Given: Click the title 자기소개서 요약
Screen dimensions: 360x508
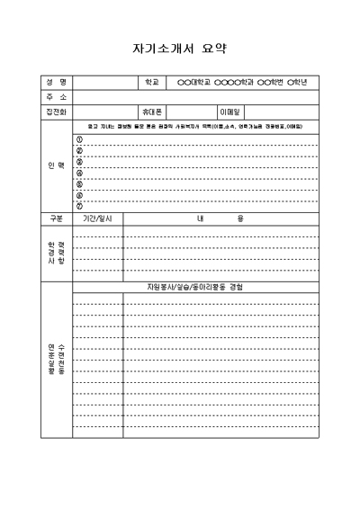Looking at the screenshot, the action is (x=180, y=48).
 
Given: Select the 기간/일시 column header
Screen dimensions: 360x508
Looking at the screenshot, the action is (x=97, y=218).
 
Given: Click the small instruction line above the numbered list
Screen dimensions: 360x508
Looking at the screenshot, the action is (x=194, y=127).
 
